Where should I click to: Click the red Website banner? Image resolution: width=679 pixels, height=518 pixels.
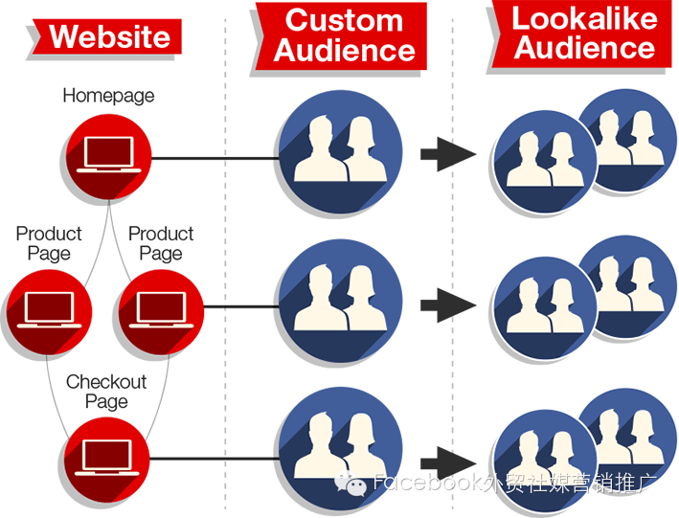click(107, 36)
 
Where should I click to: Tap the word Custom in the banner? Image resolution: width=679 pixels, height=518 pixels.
click(344, 20)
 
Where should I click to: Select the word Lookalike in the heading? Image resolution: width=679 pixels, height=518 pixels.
click(584, 18)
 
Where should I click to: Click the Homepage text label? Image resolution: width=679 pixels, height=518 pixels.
click(108, 96)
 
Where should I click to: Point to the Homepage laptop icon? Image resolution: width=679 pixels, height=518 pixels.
click(108, 157)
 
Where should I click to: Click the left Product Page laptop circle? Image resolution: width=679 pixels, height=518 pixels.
click(49, 312)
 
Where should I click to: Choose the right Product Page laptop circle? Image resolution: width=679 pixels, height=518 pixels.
click(161, 312)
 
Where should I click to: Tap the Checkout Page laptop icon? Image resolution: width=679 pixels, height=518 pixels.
click(107, 460)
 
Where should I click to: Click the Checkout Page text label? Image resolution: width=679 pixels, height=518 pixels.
click(106, 392)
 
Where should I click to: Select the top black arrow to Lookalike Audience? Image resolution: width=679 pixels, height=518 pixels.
click(448, 154)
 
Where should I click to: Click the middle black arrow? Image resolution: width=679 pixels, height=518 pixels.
click(448, 305)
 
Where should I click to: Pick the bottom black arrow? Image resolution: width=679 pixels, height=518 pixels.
click(448, 463)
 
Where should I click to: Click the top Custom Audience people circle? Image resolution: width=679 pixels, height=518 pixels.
click(340, 151)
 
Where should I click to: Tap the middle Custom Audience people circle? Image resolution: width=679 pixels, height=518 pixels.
click(340, 301)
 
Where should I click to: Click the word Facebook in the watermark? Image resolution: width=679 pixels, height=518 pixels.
click(427, 482)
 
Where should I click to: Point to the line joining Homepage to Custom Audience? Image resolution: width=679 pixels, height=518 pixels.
click(215, 158)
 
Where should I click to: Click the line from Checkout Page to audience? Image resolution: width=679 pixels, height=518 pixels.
click(215, 459)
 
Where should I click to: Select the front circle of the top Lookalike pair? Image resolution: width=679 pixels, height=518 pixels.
click(545, 162)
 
